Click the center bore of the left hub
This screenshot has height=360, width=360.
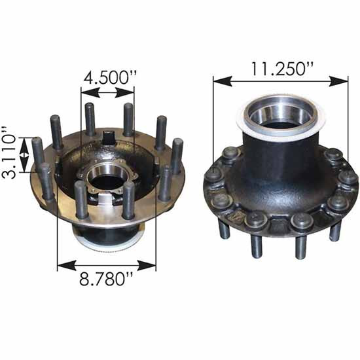click(x=103, y=175)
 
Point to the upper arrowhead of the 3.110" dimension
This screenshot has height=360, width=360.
click(x=25, y=140)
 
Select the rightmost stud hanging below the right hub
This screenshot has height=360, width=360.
click(x=335, y=230)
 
